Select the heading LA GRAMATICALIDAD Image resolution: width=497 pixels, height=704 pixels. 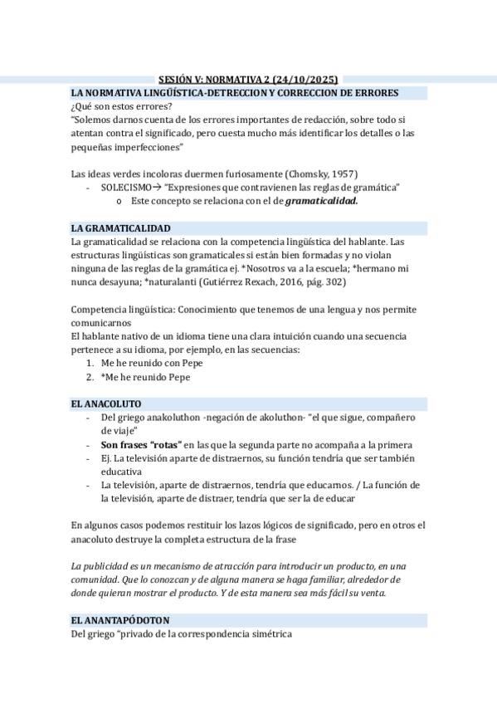[121, 227]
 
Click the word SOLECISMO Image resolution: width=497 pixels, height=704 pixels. [126, 188]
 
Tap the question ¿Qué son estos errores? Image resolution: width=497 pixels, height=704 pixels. [122, 106]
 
